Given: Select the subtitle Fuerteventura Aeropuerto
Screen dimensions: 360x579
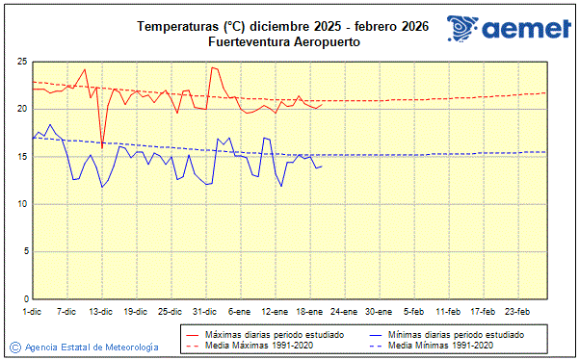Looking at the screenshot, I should coord(276,42).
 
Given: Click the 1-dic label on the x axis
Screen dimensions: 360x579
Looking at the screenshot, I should coord(33,312).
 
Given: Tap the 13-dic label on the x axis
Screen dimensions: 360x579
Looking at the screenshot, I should coord(101,312).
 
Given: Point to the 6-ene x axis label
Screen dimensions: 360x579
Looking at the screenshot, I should coord(241,312).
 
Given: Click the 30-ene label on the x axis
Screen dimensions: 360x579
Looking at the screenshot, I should coord(380,312).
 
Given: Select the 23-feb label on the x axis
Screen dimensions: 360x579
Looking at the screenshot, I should coord(518,312).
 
